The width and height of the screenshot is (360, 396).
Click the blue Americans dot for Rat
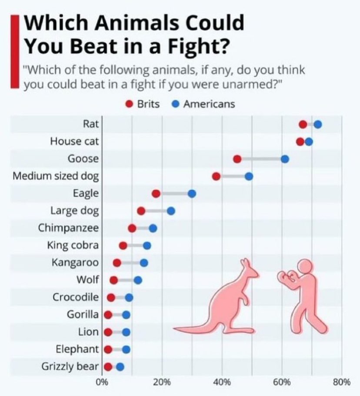click(318, 124)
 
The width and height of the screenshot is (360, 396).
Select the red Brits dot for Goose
click(237, 159)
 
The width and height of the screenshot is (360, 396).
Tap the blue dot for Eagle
click(192, 194)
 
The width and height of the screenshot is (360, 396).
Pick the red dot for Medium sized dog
click(216, 176)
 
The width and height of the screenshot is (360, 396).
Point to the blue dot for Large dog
click(171, 211)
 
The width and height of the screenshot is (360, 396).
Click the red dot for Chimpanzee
click(132, 228)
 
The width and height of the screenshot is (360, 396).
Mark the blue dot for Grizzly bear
click(120, 367)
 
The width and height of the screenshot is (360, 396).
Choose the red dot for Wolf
click(113, 280)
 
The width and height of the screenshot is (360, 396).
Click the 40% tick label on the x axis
click(222, 382)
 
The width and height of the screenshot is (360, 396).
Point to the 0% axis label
click(102, 382)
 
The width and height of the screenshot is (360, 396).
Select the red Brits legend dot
click(130, 104)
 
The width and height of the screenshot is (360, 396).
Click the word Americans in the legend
click(209, 104)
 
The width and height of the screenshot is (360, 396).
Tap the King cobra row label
click(73, 245)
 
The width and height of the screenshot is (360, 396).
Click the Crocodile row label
click(76, 297)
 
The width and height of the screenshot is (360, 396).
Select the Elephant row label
click(77, 349)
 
